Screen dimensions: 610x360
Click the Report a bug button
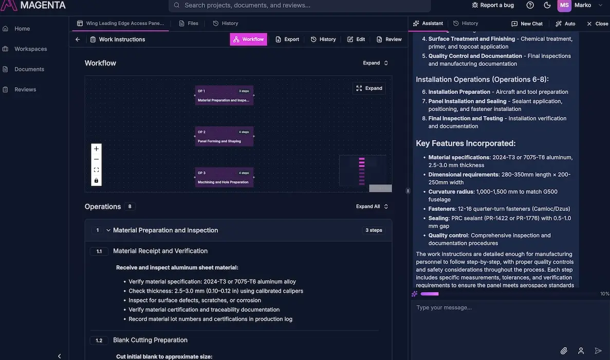(492, 5)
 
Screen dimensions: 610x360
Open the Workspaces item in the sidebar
(30, 49)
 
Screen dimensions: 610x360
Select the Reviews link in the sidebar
(25, 89)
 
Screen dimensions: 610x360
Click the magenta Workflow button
(248, 39)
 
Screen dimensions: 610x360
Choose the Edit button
(356, 39)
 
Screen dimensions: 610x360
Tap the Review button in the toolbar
(389, 39)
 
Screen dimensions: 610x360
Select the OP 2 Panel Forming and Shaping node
(224, 136)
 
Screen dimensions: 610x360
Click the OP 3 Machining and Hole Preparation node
(224, 177)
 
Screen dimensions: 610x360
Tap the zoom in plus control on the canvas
(96, 149)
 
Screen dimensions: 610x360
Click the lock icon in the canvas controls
(96, 181)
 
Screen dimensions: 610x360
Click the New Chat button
(527, 24)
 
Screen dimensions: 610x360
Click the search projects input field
(300, 5)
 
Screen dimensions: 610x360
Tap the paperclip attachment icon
(564, 351)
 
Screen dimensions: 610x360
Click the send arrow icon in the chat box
(598, 351)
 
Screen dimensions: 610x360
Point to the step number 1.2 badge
(99, 340)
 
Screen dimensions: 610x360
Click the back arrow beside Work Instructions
(78, 39)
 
